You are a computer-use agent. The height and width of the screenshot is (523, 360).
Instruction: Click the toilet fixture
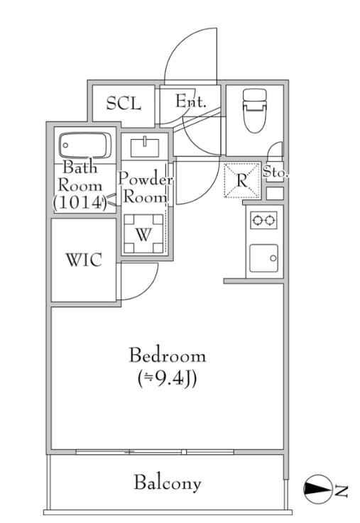[x=255, y=111]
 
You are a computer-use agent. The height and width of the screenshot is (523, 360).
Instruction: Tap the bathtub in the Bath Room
[x=85, y=145]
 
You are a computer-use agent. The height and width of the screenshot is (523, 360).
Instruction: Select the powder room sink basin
[x=145, y=147]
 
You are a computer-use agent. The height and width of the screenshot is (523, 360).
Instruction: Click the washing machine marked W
[x=143, y=233]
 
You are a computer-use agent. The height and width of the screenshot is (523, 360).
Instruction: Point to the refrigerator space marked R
[x=242, y=180]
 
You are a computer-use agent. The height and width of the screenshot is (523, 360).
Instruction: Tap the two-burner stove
[x=264, y=220]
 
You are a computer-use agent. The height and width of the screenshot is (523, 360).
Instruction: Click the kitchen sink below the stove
[x=264, y=258]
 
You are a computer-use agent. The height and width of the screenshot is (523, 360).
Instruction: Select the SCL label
[x=124, y=104]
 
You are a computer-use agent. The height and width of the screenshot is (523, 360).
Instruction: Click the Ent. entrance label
[x=190, y=101]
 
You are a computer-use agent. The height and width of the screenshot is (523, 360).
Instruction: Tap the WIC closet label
[x=84, y=260]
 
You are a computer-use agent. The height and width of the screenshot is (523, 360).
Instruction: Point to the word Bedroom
[x=168, y=356]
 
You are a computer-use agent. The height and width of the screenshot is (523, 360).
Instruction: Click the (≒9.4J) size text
[x=167, y=379]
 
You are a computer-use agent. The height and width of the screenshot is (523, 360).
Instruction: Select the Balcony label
[x=168, y=483]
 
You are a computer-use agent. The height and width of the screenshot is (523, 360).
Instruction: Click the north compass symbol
[x=318, y=489]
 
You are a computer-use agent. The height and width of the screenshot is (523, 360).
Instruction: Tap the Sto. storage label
[x=276, y=172]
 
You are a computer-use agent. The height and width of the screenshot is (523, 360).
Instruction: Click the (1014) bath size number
[x=80, y=202]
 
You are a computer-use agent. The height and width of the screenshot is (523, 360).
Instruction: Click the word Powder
[x=146, y=180]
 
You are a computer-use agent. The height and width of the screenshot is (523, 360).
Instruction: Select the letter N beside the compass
[x=342, y=490]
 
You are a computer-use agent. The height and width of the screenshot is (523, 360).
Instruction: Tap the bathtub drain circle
[x=66, y=145]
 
